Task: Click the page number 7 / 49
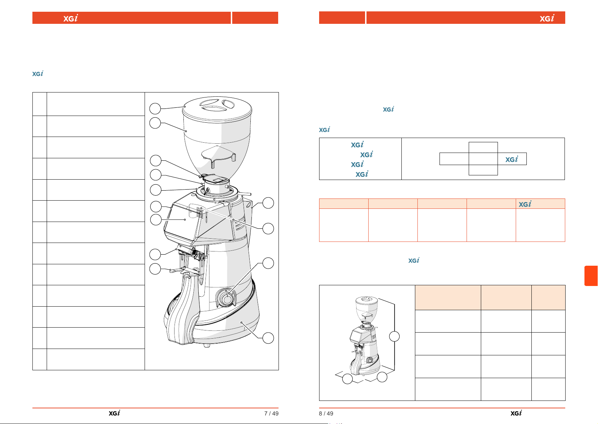point(271,413)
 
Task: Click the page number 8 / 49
point(326,413)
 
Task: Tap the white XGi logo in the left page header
point(71,18)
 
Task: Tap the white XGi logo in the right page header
point(547,18)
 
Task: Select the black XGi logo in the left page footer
point(114,413)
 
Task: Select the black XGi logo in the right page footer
point(516,413)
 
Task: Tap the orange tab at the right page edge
point(591,276)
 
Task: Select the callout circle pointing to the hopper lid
point(155,108)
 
